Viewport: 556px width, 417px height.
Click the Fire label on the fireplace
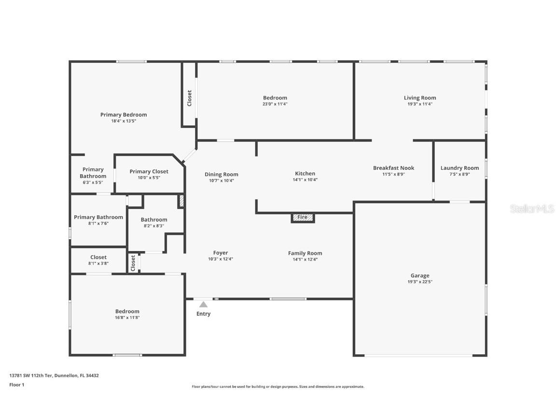(x=302, y=218)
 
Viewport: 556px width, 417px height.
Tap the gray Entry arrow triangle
(x=204, y=304)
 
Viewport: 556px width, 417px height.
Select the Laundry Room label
(x=459, y=168)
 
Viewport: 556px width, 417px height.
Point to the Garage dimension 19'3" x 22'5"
(x=420, y=282)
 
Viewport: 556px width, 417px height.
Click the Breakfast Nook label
(x=393, y=168)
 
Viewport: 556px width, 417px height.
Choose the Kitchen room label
(x=305, y=173)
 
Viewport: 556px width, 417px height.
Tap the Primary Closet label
(x=149, y=171)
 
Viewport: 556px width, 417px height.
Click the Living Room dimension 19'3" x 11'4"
(x=420, y=104)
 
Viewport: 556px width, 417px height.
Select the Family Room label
(x=305, y=253)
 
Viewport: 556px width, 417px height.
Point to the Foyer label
(x=221, y=252)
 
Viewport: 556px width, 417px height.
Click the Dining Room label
(x=221, y=174)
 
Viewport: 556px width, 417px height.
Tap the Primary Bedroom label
(x=124, y=114)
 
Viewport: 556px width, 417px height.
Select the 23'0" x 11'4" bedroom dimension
(x=275, y=104)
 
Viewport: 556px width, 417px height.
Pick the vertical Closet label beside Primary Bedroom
(x=189, y=98)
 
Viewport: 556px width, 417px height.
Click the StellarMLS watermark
(x=532, y=208)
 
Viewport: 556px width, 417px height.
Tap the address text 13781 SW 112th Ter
(x=31, y=375)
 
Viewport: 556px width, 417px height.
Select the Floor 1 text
(x=16, y=385)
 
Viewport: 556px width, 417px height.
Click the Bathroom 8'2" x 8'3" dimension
(x=154, y=226)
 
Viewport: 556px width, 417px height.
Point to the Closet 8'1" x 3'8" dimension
(x=98, y=264)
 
